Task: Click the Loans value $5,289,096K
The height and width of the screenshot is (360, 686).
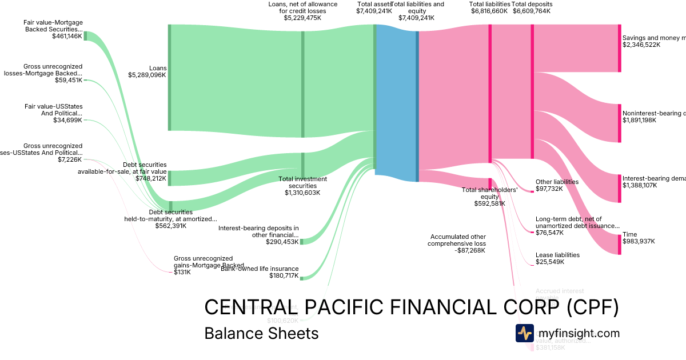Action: tap(147, 75)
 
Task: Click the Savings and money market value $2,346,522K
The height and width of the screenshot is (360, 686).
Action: tap(641, 45)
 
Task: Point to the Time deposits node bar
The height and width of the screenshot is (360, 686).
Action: tap(619, 243)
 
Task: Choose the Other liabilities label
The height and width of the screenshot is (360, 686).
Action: tap(557, 182)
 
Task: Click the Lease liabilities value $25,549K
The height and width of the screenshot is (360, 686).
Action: tap(550, 262)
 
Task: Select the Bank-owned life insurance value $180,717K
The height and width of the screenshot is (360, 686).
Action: tap(284, 276)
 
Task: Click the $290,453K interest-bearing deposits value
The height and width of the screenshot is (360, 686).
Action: tap(282, 242)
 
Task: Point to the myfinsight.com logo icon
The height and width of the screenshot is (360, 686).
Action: tap(524, 333)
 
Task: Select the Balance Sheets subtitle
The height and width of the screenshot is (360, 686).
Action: tap(261, 333)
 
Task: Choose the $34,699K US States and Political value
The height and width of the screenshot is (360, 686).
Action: tap(67, 121)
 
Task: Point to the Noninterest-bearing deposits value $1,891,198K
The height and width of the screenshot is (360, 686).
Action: tap(640, 121)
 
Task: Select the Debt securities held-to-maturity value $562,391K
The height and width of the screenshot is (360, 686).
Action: tap(171, 226)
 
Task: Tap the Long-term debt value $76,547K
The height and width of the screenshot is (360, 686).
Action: tap(550, 233)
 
